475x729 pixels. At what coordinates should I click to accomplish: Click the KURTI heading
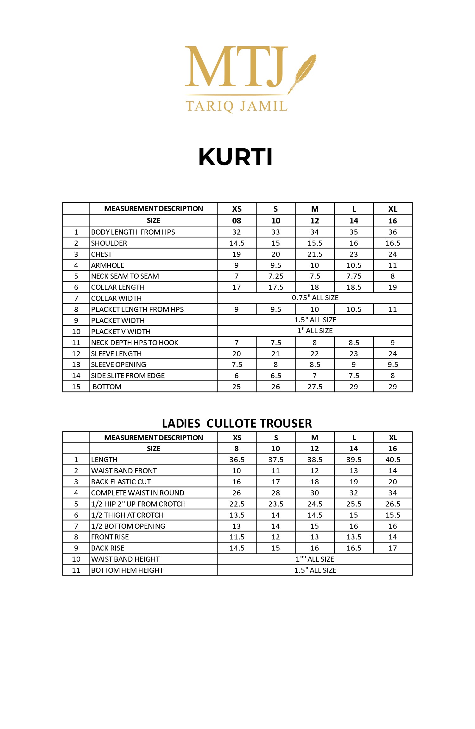pyautogui.click(x=235, y=157)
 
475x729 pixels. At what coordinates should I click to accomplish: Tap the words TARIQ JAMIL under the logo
pyautogui.click(x=236, y=106)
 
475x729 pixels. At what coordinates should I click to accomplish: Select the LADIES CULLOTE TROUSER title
pyautogui.click(x=237, y=423)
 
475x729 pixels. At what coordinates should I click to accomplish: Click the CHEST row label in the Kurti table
pyautogui.click(x=101, y=254)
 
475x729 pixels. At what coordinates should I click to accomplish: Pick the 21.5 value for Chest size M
pyautogui.click(x=315, y=254)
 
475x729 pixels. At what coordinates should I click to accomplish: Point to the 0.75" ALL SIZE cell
pyautogui.click(x=315, y=298)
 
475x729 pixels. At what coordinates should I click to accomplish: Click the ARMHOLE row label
pyautogui.click(x=108, y=265)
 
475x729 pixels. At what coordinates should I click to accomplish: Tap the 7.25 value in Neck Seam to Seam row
pyautogui.click(x=276, y=276)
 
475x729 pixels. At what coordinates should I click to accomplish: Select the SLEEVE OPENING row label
pyautogui.click(x=118, y=364)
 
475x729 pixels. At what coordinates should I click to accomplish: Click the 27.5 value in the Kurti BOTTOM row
pyautogui.click(x=315, y=387)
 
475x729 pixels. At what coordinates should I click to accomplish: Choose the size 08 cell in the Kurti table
pyautogui.click(x=237, y=221)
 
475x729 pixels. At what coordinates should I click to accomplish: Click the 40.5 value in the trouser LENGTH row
pyautogui.click(x=393, y=460)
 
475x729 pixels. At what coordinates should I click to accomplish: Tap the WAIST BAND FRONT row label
pyautogui.click(x=124, y=471)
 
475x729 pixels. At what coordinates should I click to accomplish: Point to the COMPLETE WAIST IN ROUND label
pyautogui.click(x=137, y=493)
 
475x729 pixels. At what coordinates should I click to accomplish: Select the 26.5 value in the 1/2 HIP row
pyautogui.click(x=393, y=504)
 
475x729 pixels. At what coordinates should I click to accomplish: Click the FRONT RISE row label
pyautogui.click(x=110, y=537)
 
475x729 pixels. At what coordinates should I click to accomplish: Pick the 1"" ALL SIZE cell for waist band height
pyautogui.click(x=315, y=559)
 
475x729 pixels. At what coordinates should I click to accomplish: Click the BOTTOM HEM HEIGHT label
pyautogui.click(x=127, y=570)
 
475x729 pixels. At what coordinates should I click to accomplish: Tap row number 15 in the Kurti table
pyautogui.click(x=76, y=387)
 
